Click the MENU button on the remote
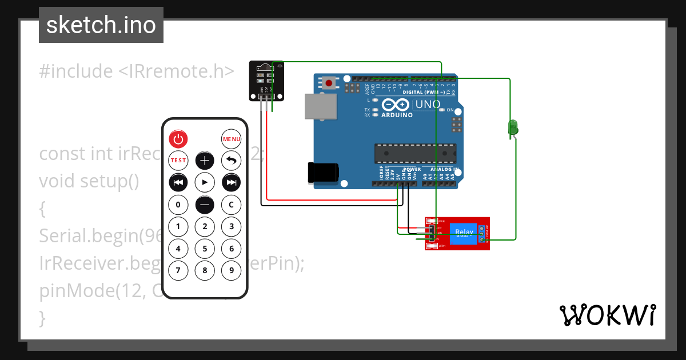pos(232,139)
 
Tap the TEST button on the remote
pos(178,161)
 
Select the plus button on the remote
pos(205,161)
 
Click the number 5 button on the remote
pos(205,249)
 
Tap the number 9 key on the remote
pos(232,270)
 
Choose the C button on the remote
pos(232,204)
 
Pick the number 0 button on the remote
pos(178,204)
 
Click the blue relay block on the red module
pos(463,234)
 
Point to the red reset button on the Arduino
pos(329,83)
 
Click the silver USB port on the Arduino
pos(320,107)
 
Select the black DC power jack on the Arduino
pos(323,173)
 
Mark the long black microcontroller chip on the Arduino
pos(415,153)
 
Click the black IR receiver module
pos(266,80)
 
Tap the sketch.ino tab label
pos(101,25)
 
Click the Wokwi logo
pos(607,315)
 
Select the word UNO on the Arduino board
pos(428,105)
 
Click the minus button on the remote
pos(205,204)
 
